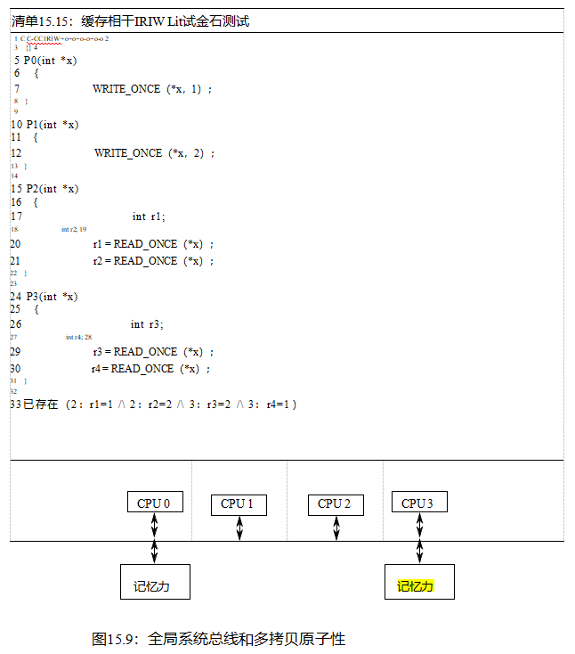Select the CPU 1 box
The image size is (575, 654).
coord(239,504)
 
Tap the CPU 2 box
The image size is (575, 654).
coord(335,504)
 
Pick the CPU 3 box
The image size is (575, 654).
coord(418,503)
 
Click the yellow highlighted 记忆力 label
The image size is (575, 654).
coord(416,586)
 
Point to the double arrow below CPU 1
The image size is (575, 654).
coord(239,528)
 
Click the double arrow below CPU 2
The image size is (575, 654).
coord(336,528)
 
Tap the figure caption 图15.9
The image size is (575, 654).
coord(218,639)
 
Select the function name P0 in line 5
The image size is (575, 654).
coord(31,61)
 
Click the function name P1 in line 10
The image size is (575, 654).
coord(33,125)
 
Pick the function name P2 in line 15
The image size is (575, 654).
coord(33,189)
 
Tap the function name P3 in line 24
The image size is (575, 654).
coord(33,297)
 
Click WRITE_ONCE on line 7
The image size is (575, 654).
coord(126,89)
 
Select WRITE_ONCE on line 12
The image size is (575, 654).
coord(128,153)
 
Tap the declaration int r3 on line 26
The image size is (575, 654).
coord(147,324)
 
